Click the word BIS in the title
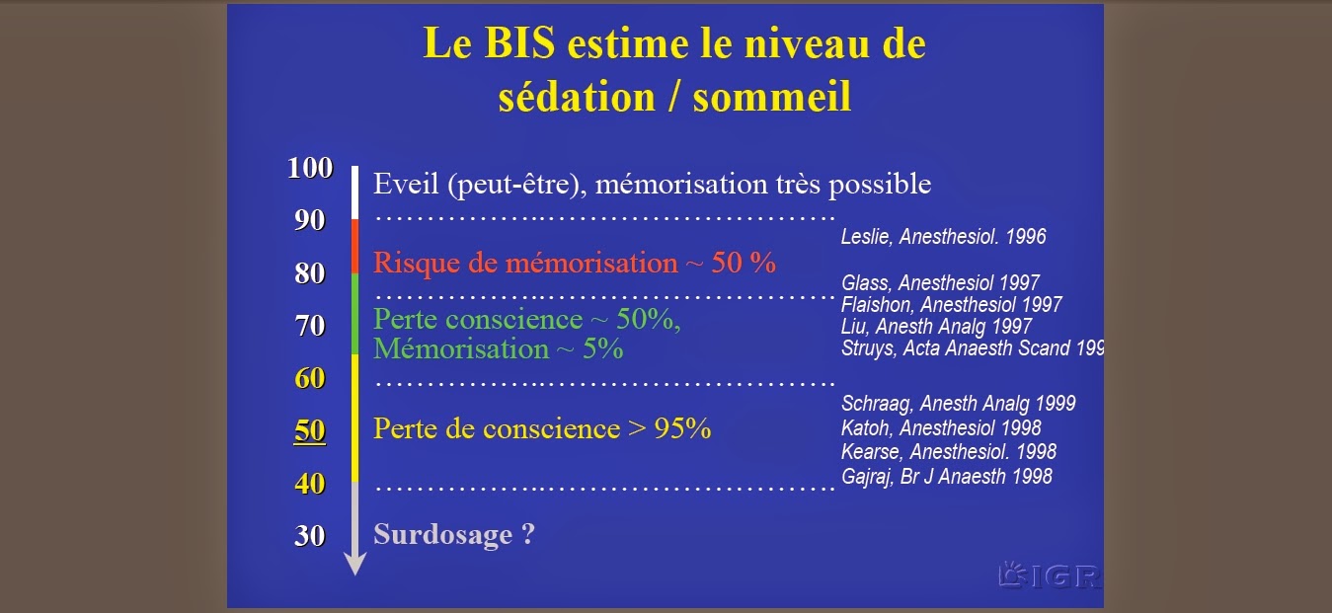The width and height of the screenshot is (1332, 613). tap(519, 43)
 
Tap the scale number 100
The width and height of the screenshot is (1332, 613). tap(310, 168)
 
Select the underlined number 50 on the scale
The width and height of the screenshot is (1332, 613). tap(310, 430)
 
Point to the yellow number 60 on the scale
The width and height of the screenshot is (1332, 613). tap(310, 378)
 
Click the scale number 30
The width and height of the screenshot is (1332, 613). tap(310, 536)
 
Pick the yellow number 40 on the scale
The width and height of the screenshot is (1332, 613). tap(310, 484)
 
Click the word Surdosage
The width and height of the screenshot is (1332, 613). tap(443, 534)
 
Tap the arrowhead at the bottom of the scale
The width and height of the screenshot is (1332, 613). tap(355, 563)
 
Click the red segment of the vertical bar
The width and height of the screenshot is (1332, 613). tap(355, 247)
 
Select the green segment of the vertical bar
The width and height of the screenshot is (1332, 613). tap(355, 315)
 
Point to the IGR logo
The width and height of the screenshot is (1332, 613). tap(1051, 575)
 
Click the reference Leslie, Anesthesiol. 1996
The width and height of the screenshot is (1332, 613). tap(943, 237)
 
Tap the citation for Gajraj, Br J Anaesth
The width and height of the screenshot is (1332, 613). tap(947, 476)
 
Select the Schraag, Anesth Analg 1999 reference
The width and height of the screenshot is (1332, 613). tap(958, 404)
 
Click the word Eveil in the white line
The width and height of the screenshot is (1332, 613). tap(406, 184)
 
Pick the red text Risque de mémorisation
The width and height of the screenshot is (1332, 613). tap(525, 264)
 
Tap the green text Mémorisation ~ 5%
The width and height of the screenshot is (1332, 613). tap(499, 349)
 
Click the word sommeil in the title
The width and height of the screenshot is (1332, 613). tap(772, 97)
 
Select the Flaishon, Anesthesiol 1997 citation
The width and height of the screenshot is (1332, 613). tap(952, 305)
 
